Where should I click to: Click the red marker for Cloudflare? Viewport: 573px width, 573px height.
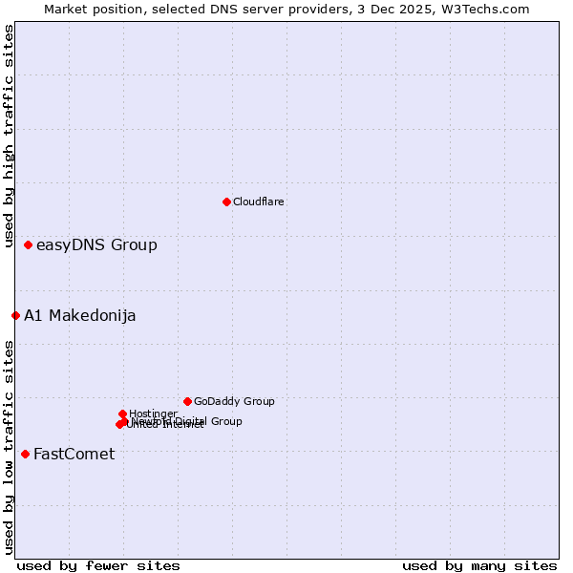(x=226, y=202)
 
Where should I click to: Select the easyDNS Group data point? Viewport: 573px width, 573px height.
(x=29, y=245)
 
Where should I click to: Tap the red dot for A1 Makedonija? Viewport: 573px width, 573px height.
(x=16, y=315)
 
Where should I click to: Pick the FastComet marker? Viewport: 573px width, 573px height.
(x=25, y=454)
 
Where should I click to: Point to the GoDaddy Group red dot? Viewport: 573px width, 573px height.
(x=187, y=401)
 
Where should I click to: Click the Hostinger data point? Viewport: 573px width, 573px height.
(x=122, y=414)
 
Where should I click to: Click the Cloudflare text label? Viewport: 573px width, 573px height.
(x=259, y=202)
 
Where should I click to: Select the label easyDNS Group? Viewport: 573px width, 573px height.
(x=96, y=245)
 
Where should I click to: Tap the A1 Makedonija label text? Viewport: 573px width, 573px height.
(x=80, y=315)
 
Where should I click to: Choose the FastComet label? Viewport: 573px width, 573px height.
(x=74, y=454)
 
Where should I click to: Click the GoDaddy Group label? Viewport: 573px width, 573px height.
(x=234, y=401)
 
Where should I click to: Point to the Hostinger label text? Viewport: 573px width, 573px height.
(x=153, y=414)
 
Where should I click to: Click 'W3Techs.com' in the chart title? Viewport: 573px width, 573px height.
(x=491, y=9)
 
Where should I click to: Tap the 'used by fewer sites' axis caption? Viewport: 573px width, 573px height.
(x=98, y=565)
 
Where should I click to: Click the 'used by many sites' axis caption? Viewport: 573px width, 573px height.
(x=479, y=565)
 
